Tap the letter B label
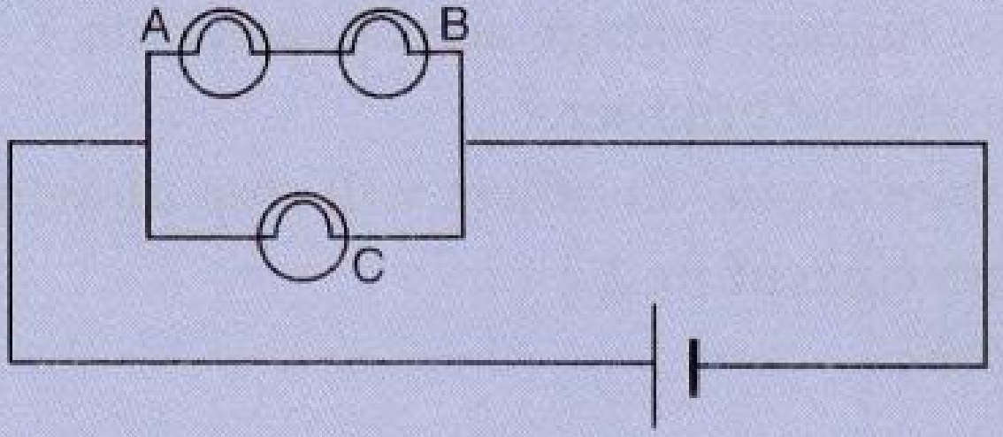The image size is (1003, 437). (x=456, y=26)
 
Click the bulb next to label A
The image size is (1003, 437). (x=223, y=53)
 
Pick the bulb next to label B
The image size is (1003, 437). (x=382, y=53)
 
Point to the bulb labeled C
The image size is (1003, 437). (x=302, y=237)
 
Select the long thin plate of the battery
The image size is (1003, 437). (x=655, y=365)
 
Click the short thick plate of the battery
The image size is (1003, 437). (x=693, y=367)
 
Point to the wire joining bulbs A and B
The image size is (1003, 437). (x=303, y=53)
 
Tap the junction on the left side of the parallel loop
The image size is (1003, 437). (x=148, y=143)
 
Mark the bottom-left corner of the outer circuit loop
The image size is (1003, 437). (x=11, y=362)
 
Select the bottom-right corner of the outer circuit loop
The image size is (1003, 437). (x=985, y=365)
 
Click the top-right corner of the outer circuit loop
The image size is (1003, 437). (x=985, y=143)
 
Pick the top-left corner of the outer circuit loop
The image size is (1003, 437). (x=11, y=142)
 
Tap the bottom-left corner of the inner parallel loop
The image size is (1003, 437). (x=148, y=237)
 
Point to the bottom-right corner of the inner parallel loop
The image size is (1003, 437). (x=462, y=237)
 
